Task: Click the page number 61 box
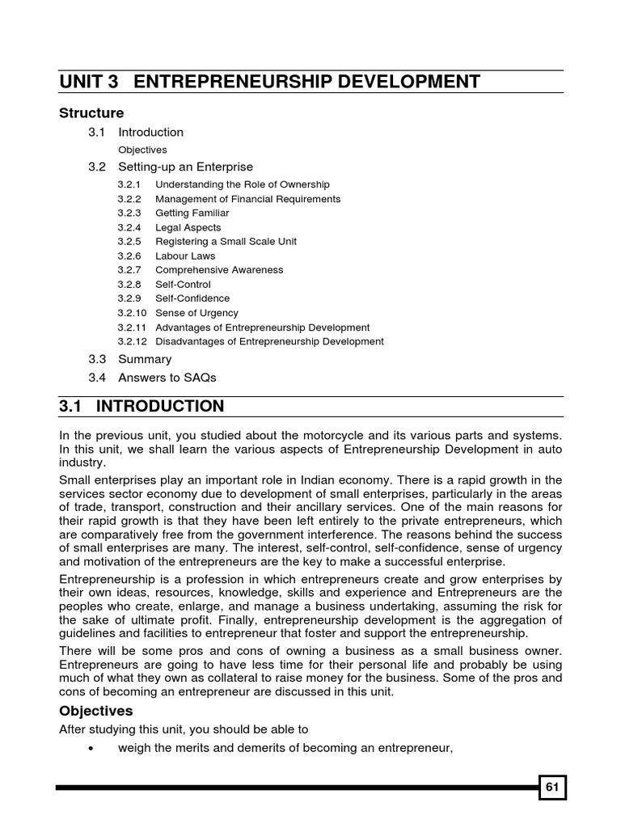[553, 788]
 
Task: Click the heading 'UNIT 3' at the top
[91, 82]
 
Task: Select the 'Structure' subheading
[91, 113]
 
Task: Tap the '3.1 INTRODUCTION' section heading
[142, 406]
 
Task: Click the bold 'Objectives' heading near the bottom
[95, 712]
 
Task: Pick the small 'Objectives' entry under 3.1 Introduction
[142, 150]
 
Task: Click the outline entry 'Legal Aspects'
[188, 227]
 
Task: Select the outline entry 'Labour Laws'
[185, 256]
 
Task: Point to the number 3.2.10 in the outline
[132, 313]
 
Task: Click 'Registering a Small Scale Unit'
[226, 242]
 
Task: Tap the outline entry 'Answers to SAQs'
[167, 377]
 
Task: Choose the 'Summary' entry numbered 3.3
[145, 359]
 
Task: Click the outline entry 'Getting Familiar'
[192, 213]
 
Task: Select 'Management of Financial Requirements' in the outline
[247, 199]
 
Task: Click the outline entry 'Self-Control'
[183, 285]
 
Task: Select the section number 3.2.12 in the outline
[132, 341]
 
